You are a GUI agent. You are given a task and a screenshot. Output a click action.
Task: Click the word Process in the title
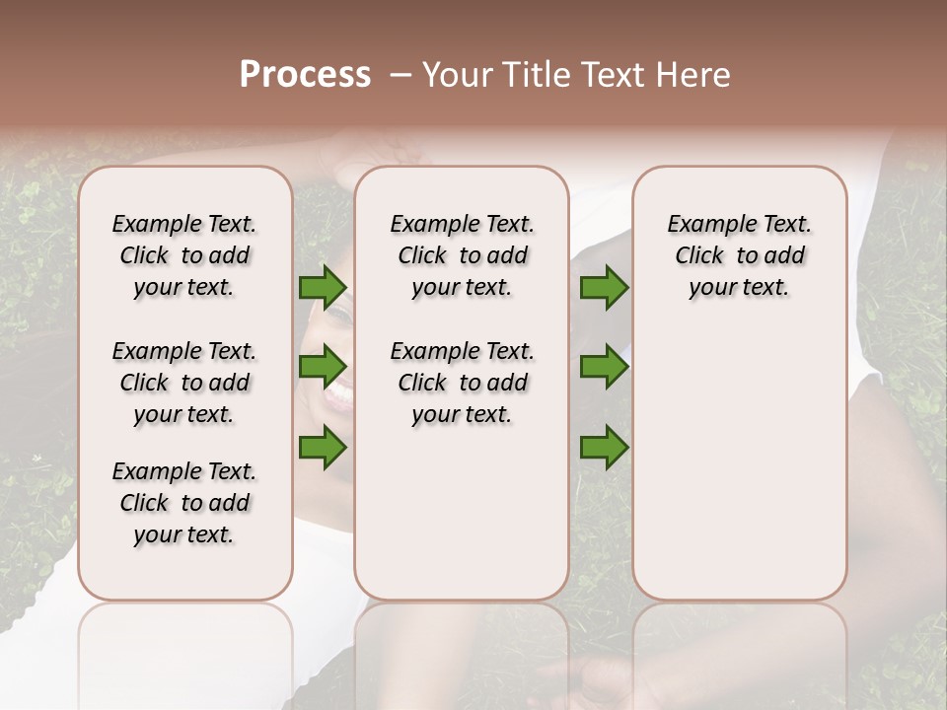coord(305,75)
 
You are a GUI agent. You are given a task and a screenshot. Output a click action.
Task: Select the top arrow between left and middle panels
coord(323,288)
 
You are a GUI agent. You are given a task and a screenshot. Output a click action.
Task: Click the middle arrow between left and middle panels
coord(323,368)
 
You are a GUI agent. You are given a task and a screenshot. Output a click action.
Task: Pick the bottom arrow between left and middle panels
coord(323,448)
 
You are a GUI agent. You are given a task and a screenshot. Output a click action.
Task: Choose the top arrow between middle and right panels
coord(604,288)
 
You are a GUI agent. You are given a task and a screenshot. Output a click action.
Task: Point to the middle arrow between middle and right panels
coord(604,368)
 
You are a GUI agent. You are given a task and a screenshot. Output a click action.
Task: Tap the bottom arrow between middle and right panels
coord(604,448)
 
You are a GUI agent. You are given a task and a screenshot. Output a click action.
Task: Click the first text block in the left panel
coord(184,255)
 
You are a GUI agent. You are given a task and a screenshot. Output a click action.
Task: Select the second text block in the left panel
coord(184,383)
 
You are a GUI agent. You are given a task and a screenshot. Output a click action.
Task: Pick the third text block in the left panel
coord(184,503)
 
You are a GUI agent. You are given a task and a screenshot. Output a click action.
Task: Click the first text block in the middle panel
coord(462,255)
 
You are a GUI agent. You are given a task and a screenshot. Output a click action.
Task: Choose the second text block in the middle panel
coord(462,383)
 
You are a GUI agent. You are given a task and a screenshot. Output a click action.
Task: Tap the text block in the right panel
coord(739,255)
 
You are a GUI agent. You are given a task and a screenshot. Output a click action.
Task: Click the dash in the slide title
coord(399,75)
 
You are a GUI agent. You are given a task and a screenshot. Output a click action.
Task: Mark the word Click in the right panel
coord(699,256)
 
